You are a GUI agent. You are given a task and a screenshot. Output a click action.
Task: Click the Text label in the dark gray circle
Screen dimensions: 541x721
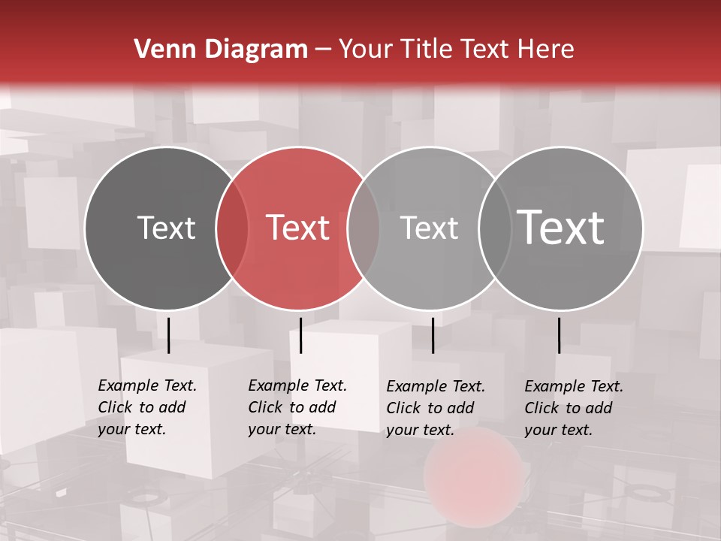[x=166, y=228]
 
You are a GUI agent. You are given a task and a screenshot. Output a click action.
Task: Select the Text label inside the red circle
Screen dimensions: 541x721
[x=298, y=228]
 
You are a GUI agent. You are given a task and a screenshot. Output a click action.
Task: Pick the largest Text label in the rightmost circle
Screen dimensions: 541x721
[x=561, y=227]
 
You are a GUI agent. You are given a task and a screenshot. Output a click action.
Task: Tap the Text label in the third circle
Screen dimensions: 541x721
[x=429, y=228]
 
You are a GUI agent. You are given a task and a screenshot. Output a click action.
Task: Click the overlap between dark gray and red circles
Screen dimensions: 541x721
[x=232, y=228]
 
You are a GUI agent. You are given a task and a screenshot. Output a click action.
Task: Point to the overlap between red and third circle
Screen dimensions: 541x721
[x=364, y=228]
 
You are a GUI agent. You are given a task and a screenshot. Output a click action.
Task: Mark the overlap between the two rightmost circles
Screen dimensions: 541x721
[x=495, y=228]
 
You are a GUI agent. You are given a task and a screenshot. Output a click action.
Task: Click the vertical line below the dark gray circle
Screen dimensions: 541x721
[x=168, y=335]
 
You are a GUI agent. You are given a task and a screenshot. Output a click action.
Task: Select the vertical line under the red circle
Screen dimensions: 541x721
[x=300, y=335]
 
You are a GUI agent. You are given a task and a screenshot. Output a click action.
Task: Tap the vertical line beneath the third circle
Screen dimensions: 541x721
[x=433, y=335]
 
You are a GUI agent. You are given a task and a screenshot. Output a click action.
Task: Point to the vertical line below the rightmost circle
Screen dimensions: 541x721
[x=559, y=335]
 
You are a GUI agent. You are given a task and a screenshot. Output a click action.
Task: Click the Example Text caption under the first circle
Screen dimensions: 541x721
[x=146, y=407]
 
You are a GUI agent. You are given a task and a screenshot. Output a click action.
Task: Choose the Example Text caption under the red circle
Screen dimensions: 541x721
[x=297, y=407]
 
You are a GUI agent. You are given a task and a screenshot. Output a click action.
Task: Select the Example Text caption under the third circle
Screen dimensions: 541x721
[x=435, y=408]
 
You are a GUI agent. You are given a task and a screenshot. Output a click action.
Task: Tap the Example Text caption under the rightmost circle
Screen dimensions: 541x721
[x=573, y=408]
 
